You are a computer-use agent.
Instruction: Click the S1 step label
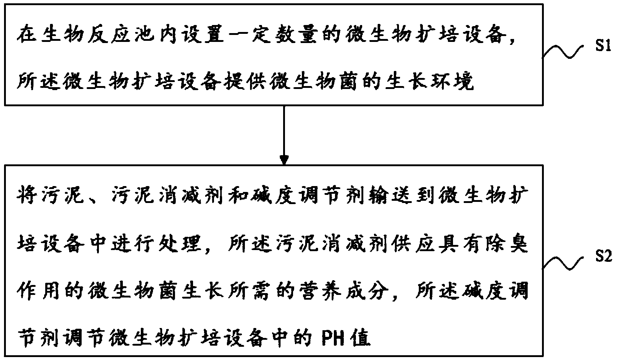tap(603, 46)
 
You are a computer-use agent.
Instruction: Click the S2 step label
tap(603, 257)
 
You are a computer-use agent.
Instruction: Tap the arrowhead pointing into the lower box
tap(284, 160)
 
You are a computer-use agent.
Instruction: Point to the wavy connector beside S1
tap(563, 52)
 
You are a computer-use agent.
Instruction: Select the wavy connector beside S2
tap(563, 263)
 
